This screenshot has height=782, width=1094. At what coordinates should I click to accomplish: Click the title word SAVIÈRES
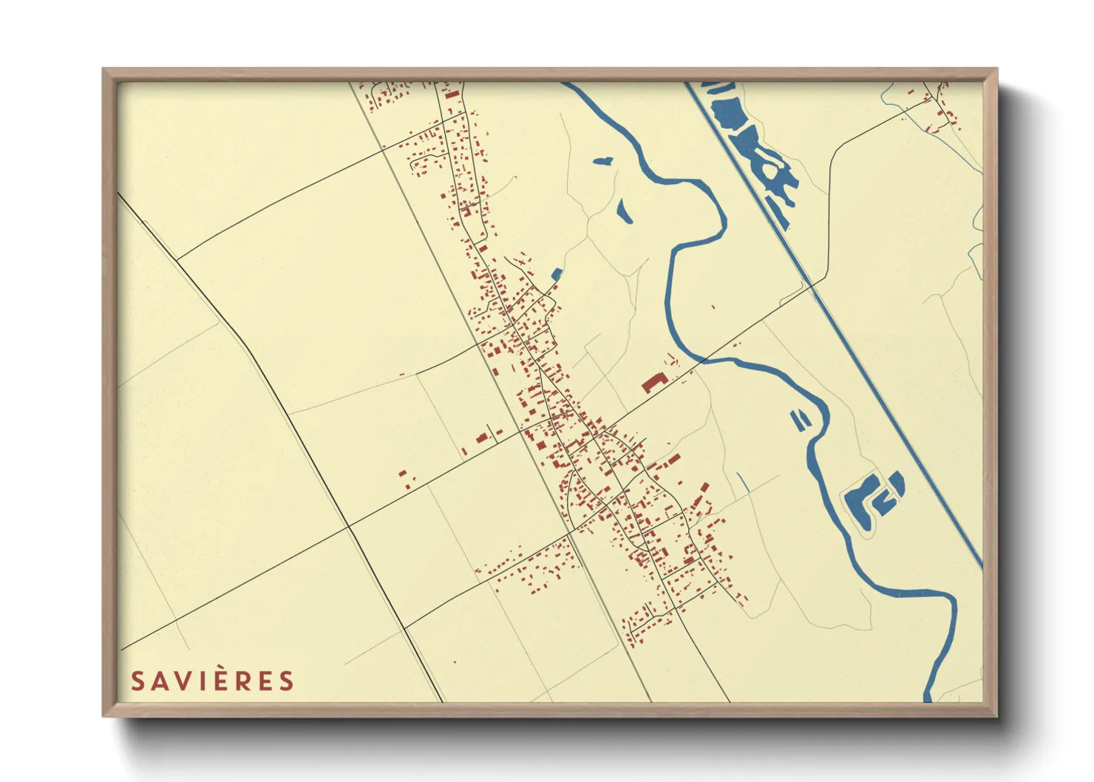click(212, 681)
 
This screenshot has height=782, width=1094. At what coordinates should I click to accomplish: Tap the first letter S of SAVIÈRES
click(137, 681)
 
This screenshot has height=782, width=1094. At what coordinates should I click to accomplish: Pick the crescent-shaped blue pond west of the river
click(623, 211)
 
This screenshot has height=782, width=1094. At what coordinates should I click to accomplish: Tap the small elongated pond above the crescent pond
click(602, 160)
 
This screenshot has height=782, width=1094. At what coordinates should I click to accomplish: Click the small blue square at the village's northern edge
click(557, 274)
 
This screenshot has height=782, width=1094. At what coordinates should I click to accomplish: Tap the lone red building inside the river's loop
click(713, 307)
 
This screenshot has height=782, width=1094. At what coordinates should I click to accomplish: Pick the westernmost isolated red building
click(403, 473)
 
